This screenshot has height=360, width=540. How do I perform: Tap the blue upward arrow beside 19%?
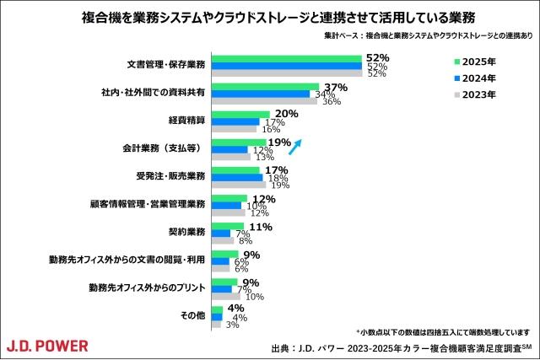tap(296, 148)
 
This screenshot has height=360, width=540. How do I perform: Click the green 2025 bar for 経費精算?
tap(240, 114)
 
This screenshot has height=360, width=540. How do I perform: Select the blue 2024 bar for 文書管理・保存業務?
tap(286, 65)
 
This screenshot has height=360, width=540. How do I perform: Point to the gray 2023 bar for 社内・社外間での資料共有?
tap(263, 102)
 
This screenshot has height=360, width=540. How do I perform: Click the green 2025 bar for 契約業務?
tap(228, 226)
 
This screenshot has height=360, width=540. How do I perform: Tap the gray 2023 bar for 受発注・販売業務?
tap(237, 185)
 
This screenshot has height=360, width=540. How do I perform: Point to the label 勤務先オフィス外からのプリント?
tap(148, 288)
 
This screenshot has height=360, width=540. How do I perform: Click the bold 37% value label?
tap(336, 87)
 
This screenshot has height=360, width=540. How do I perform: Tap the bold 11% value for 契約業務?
tap(260, 226)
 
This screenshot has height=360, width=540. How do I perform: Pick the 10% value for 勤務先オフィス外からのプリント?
tap(254, 297)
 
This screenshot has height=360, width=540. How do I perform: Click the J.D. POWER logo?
tap(47, 345)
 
